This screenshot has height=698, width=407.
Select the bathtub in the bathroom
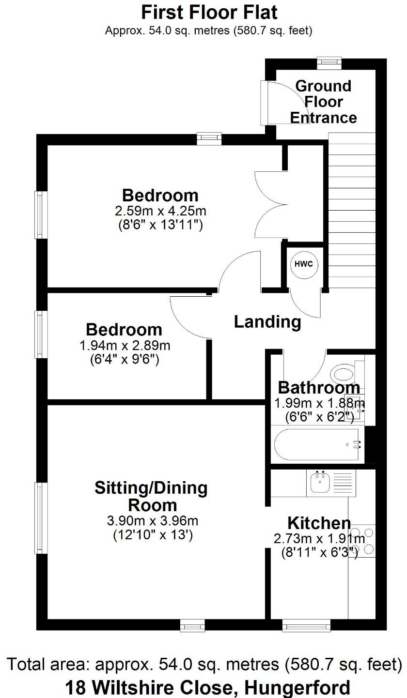pyautogui.click(x=317, y=444)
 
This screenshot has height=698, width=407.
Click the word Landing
pyautogui.click(x=267, y=321)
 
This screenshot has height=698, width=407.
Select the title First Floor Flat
pyautogui.click(x=209, y=11)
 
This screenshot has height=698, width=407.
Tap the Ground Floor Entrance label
pyautogui.click(x=323, y=102)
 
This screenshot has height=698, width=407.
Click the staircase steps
pyautogui.click(x=352, y=208)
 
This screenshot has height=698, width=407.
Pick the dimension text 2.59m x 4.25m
pyautogui.click(x=160, y=211)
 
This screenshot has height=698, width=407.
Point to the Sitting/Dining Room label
pyautogui.click(x=151, y=496)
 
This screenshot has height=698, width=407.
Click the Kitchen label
pyautogui.click(x=319, y=523)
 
